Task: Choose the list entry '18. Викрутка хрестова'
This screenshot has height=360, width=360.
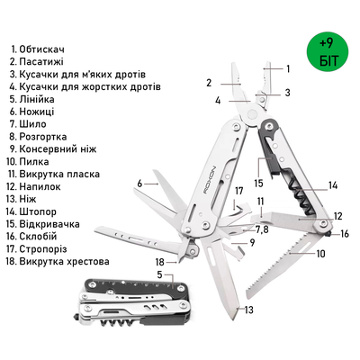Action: [60, 261]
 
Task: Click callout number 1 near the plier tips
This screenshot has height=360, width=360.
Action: [288, 68]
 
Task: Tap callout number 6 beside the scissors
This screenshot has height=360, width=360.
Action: [140, 184]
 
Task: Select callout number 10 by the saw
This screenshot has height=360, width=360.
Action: [320, 254]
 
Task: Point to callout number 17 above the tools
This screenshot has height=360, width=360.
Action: [239, 192]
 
